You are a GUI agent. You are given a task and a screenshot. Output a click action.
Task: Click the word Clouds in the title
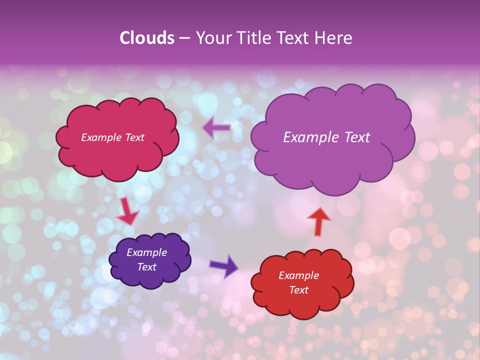coord(147,38)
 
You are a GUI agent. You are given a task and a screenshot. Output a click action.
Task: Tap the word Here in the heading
coord(333,38)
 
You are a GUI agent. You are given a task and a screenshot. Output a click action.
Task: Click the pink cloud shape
coord(117,155)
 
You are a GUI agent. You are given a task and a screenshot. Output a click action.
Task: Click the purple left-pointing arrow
coord(216,128)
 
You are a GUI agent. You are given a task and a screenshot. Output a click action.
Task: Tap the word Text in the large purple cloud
coord(354,137)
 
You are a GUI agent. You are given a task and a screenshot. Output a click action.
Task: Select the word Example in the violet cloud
coord(146,252)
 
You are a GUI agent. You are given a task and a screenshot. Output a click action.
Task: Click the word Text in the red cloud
coord(298,290)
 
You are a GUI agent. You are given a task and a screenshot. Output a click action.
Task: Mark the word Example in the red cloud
coord(298,275)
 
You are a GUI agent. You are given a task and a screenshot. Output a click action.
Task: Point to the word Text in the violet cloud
coord(146,267)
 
